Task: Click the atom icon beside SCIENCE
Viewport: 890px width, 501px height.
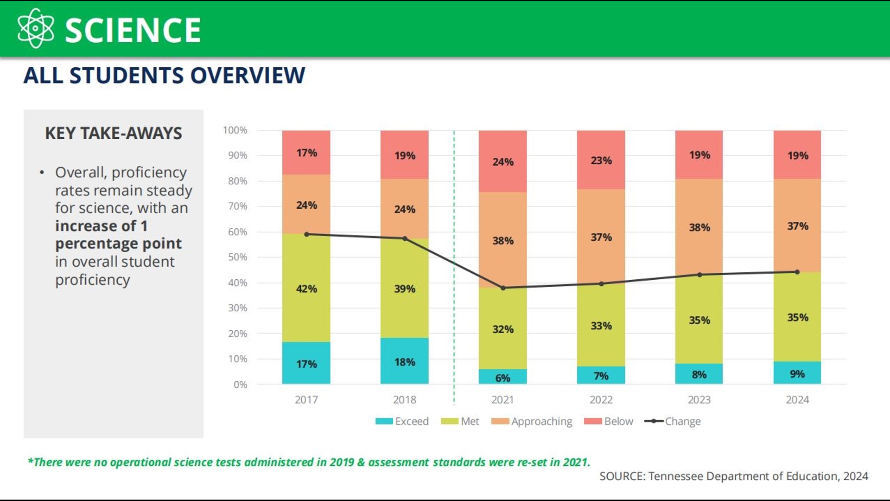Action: (x=35, y=29)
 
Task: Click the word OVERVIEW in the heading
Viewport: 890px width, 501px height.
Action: (x=248, y=76)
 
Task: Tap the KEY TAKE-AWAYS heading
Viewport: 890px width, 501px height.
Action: (x=114, y=134)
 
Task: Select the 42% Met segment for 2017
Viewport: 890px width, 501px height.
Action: (x=306, y=289)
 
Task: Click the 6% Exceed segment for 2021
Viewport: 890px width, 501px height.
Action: (x=502, y=377)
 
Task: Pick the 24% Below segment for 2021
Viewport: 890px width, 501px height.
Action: (x=502, y=162)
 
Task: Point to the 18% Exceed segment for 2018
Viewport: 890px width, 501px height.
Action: (x=405, y=361)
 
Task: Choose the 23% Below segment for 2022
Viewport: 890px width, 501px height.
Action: (x=601, y=161)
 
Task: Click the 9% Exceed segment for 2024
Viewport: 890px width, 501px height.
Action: (x=797, y=373)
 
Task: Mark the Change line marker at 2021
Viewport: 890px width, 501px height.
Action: (x=503, y=288)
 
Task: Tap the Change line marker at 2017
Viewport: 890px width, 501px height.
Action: (x=306, y=234)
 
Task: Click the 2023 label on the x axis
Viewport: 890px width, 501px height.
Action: (x=699, y=400)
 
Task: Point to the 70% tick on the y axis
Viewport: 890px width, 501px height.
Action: (x=237, y=206)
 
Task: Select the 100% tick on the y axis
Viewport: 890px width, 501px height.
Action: (x=235, y=130)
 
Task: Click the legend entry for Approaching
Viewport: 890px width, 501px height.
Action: (x=541, y=421)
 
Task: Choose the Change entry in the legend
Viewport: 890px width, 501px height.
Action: (x=682, y=421)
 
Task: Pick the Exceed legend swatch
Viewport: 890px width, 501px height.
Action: (x=384, y=421)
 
